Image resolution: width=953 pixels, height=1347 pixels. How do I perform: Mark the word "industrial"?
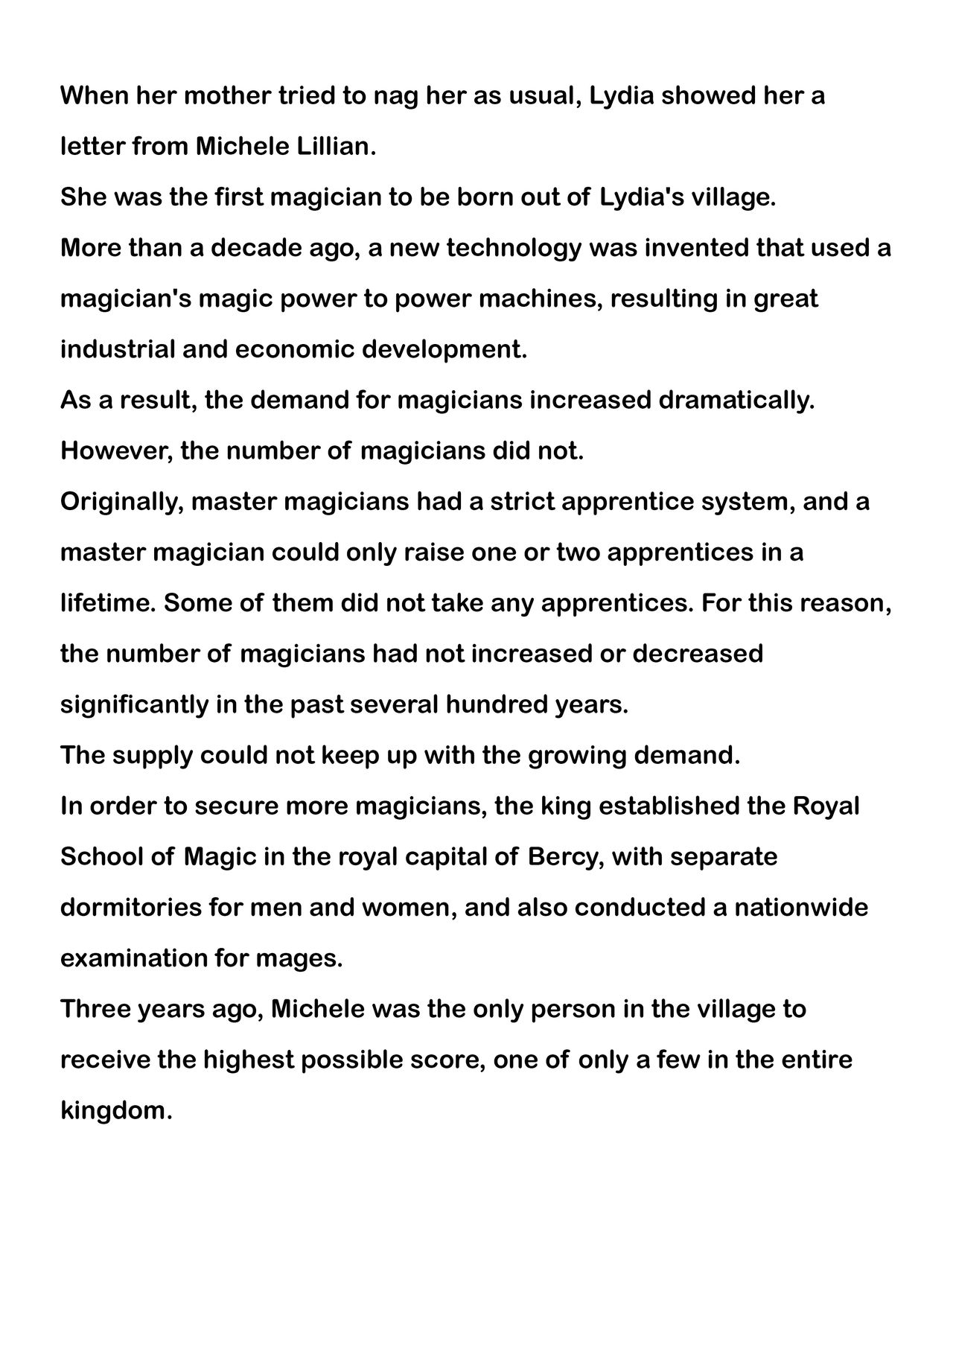(118, 349)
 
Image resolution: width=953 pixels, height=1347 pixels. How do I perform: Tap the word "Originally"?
(121, 502)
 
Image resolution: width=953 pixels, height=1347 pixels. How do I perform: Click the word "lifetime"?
(108, 603)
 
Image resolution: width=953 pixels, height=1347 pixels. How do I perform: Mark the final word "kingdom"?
(115, 1111)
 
